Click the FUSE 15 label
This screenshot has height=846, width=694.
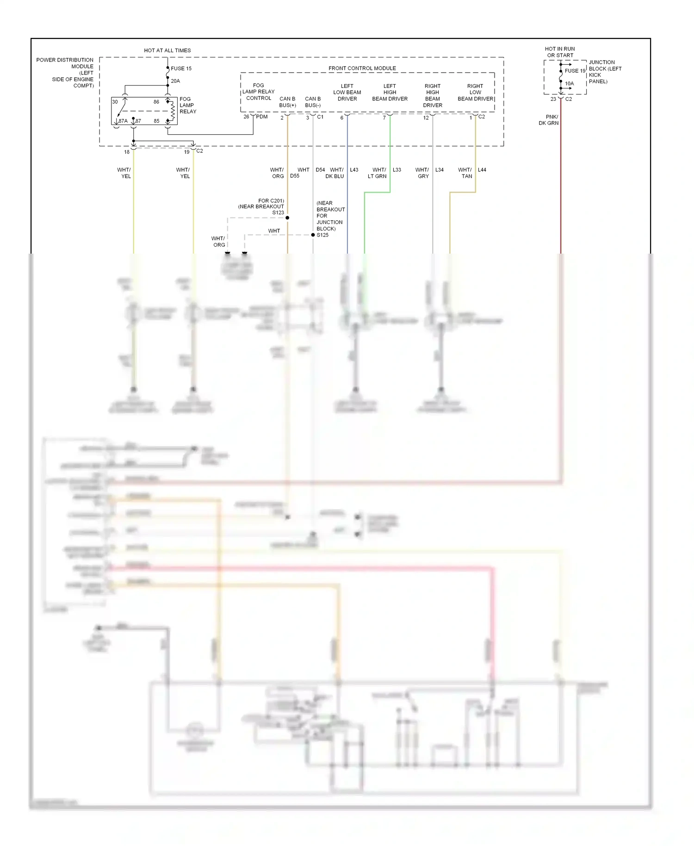181,68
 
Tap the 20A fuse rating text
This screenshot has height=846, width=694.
175,81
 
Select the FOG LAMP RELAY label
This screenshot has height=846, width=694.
188,105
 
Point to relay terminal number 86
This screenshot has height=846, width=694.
156,102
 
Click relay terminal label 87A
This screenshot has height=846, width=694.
123,121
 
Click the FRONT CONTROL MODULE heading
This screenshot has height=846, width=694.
362,68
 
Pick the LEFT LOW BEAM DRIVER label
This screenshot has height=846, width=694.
347,92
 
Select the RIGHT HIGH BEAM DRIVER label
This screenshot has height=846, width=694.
433,95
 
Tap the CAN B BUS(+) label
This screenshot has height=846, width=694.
287,102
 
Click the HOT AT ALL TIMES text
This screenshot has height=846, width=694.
167,50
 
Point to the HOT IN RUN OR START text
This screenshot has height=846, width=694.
560,52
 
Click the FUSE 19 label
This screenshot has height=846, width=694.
575,71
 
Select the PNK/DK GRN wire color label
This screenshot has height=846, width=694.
549,120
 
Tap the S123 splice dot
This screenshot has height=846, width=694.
287,218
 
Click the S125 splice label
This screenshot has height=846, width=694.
322,235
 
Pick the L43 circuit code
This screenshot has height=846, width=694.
354,170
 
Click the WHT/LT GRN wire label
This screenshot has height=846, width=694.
378,173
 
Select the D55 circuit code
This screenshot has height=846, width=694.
295,176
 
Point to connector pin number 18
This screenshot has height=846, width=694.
127,152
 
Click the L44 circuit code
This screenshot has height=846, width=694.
482,170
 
